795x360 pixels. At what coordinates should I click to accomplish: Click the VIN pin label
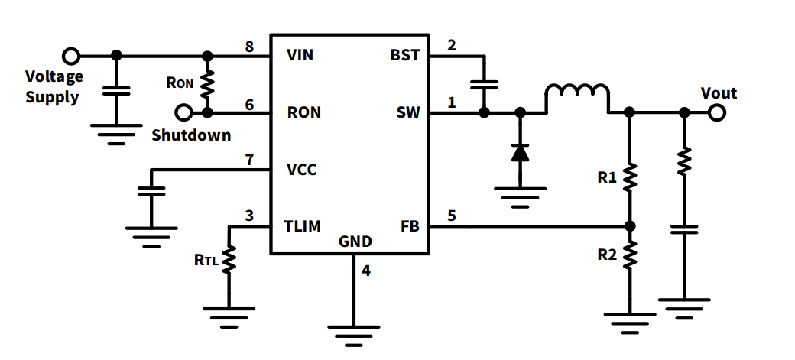pyautogui.click(x=300, y=56)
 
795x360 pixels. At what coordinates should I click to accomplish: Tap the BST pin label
pyautogui.click(x=404, y=56)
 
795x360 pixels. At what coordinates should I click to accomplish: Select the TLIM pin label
pyautogui.click(x=303, y=226)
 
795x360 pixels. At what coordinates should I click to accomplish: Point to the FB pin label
pyautogui.click(x=409, y=226)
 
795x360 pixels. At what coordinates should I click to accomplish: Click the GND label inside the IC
pyautogui.click(x=355, y=242)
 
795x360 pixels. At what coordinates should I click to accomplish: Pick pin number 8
pyautogui.click(x=249, y=46)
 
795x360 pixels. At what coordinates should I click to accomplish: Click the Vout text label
pyautogui.click(x=719, y=93)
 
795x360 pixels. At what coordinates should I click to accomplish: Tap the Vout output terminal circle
pyautogui.click(x=716, y=113)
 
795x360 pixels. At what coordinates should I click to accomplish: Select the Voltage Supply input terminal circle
pyautogui.click(x=71, y=56)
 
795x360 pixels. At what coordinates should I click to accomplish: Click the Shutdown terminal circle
pyautogui.click(x=183, y=113)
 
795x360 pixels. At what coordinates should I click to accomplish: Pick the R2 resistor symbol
pyautogui.click(x=629, y=255)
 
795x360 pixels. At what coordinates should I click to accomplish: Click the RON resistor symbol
pyautogui.click(x=206, y=84)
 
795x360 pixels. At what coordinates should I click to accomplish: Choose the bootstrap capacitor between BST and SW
pyautogui.click(x=483, y=84)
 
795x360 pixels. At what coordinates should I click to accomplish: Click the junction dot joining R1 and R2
pyautogui.click(x=629, y=226)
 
